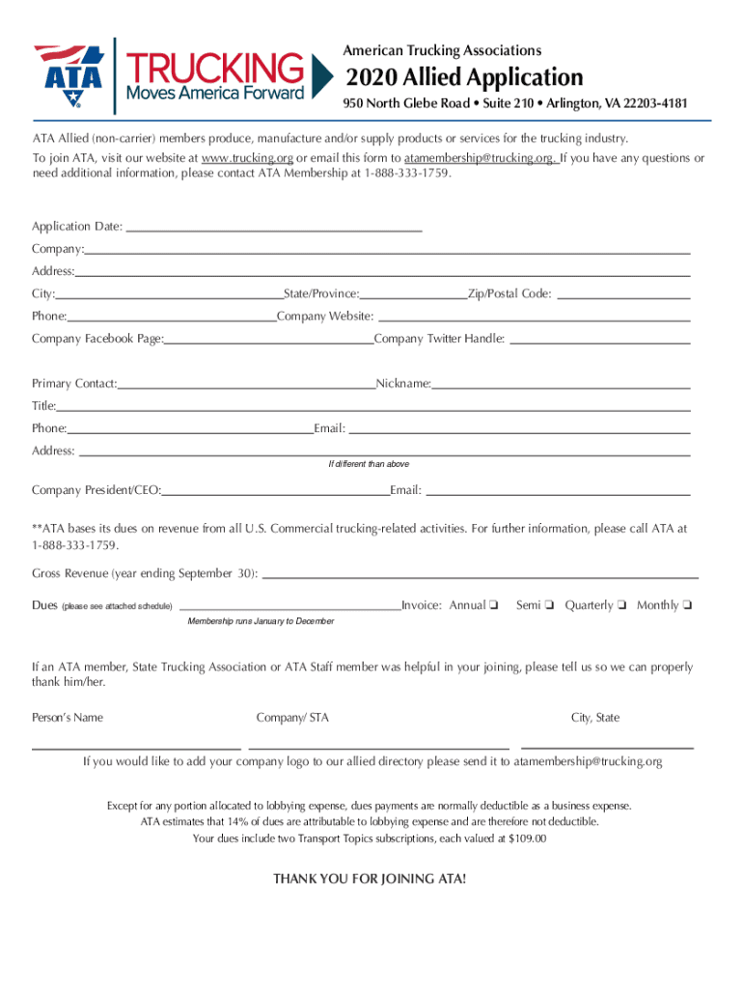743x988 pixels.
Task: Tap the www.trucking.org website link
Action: (247, 158)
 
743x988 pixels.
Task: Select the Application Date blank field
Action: (274, 229)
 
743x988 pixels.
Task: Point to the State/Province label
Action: (321, 293)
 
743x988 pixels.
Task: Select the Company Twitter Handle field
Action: (599, 342)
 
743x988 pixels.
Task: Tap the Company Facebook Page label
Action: (97, 339)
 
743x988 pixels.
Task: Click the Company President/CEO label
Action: (96, 490)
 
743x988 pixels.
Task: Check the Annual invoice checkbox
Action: (493, 606)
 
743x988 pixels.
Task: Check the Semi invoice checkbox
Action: (547, 606)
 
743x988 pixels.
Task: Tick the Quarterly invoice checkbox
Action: (621, 606)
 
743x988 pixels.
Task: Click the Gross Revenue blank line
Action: (481, 576)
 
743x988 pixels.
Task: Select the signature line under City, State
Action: (607, 746)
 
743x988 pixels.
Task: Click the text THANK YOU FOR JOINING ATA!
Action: (370, 879)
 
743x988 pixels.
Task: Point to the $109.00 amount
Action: (527, 838)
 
